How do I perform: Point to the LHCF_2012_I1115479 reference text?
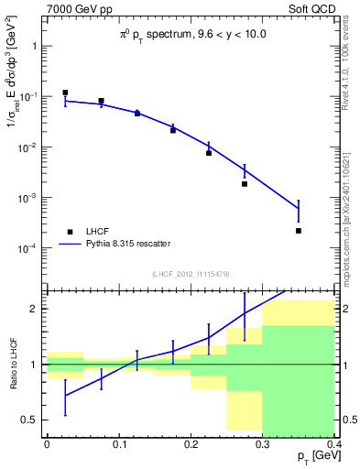pyautogui.click(x=191, y=274)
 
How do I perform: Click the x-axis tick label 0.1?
pyautogui.click(x=118, y=443)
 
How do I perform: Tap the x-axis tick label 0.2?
pyautogui.click(x=191, y=443)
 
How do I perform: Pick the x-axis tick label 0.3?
pyautogui.click(x=262, y=443)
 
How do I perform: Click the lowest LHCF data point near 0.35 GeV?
pyautogui.click(x=299, y=231)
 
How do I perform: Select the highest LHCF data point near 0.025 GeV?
pyautogui.click(x=65, y=93)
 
